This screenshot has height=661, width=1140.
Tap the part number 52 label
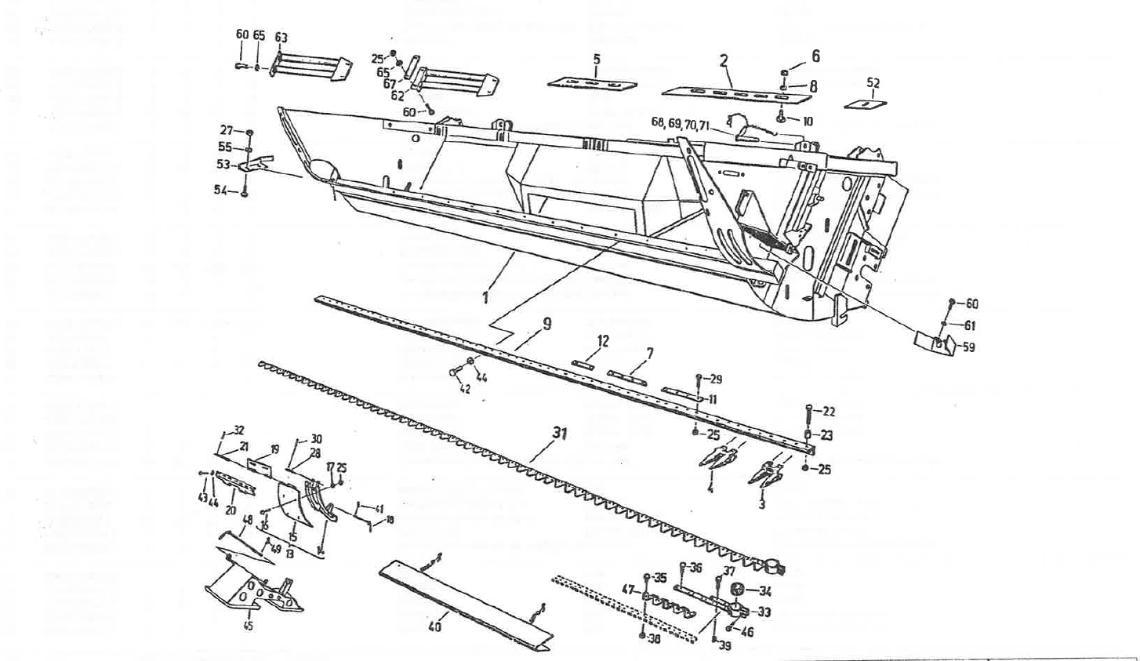(x=873, y=82)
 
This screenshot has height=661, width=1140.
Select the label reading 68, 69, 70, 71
(x=680, y=122)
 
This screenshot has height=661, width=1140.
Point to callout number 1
(x=486, y=297)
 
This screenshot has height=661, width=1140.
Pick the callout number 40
(x=434, y=626)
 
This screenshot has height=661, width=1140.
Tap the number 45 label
(x=249, y=626)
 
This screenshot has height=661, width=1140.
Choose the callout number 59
(x=968, y=347)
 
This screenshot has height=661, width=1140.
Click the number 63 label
(x=281, y=37)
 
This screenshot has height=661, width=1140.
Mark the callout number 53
(x=223, y=165)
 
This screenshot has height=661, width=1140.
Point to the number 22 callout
(x=829, y=411)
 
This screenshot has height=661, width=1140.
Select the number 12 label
(x=603, y=341)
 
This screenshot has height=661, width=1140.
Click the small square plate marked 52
(x=866, y=103)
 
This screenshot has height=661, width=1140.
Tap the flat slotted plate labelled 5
(x=592, y=82)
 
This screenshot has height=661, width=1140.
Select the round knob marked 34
(x=737, y=590)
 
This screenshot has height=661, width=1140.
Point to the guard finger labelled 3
(x=761, y=474)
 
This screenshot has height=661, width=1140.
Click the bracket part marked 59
(x=935, y=340)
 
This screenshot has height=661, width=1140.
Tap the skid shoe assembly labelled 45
(x=251, y=592)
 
